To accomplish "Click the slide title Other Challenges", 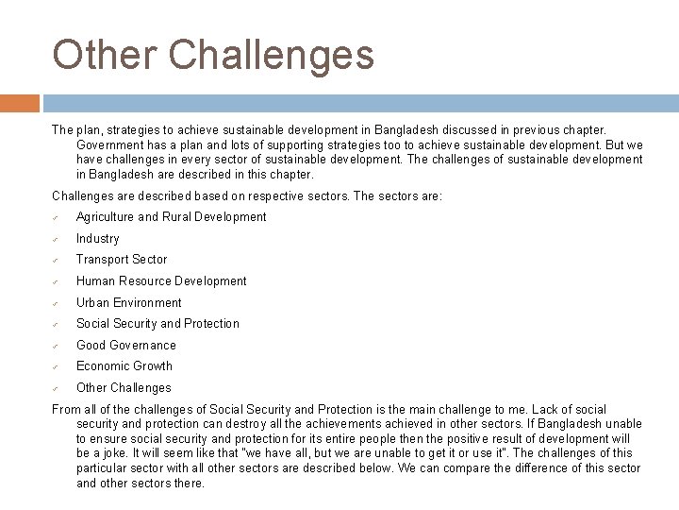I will pos(213,55).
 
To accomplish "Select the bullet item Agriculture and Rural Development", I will pos(171,217).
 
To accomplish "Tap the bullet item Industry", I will pos(97,239).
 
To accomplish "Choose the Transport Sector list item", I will pos(121,260).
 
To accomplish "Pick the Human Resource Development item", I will pos(160,281).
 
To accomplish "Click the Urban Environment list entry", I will pos(128,303).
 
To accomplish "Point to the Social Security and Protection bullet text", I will pos(157,324).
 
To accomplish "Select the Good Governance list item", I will pos(125,346).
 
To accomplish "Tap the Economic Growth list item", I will pos(124,366).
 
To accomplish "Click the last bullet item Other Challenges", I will pos(124,388).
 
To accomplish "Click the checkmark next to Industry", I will pos(57,239).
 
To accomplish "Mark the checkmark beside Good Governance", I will pos(57,346).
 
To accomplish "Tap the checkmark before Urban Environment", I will pos(57,303).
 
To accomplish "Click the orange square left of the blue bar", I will pos(20,103).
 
